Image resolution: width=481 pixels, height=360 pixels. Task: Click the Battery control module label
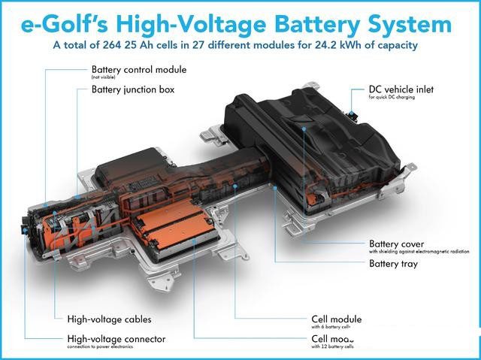(x=138, y=70)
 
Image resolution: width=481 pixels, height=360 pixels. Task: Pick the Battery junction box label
(x=132, y=89)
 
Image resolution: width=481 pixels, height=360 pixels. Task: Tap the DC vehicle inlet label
(x=401, y=90)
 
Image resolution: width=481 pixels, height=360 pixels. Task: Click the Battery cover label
(x=396, y=244)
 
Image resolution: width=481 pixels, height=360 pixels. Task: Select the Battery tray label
(x=393, y=264)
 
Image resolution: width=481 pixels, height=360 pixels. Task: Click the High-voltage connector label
(x=116, y=339)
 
